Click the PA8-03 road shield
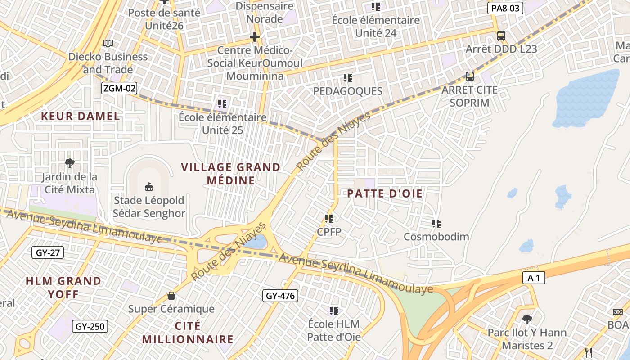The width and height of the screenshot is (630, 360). [505, 8]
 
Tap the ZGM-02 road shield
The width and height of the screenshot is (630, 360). [119, 88]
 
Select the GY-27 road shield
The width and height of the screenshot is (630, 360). [48, 252]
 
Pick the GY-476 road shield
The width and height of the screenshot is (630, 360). [280, 296]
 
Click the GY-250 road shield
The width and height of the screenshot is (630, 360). [90, 326]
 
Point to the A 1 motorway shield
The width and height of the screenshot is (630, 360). [534, 278]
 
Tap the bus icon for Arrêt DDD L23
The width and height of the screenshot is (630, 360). [501, 36]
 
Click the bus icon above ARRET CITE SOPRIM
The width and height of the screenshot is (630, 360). [470, 76]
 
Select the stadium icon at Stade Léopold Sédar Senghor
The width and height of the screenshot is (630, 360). [148, 187]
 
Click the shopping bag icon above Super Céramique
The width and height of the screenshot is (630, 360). [171, 296]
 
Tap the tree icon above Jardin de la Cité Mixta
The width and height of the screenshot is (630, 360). [70, 163]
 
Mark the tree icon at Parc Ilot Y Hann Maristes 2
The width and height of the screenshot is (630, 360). [527, 319]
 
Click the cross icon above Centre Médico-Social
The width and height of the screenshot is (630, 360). [255, 37]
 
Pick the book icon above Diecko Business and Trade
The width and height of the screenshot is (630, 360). [108, 43]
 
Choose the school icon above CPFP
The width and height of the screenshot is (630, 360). [329, 219]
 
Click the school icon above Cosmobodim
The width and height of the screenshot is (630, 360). [436, 223]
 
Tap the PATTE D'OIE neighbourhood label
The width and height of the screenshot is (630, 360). [385, 194]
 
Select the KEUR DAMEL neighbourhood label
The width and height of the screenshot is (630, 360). [81, 116]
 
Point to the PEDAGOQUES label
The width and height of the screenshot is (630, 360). [347, 91]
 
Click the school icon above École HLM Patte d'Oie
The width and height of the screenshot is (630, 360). [333, 310]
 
